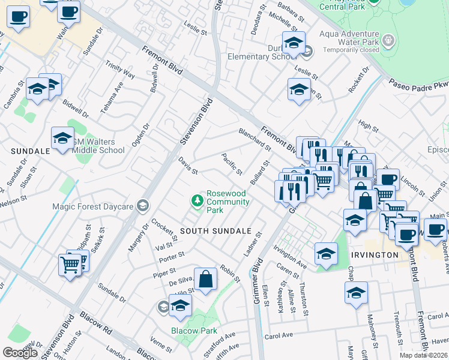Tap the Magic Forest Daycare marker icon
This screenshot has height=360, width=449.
[142, 206]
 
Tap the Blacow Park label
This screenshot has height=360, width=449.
[193, 331]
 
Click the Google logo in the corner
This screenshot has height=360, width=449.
[20, 353]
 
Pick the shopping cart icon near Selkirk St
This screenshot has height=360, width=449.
[70, 263]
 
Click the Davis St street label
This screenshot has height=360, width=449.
[188, 167]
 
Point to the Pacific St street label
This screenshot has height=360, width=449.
[232, 164]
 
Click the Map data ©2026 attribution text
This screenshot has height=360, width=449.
[423, 355]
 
